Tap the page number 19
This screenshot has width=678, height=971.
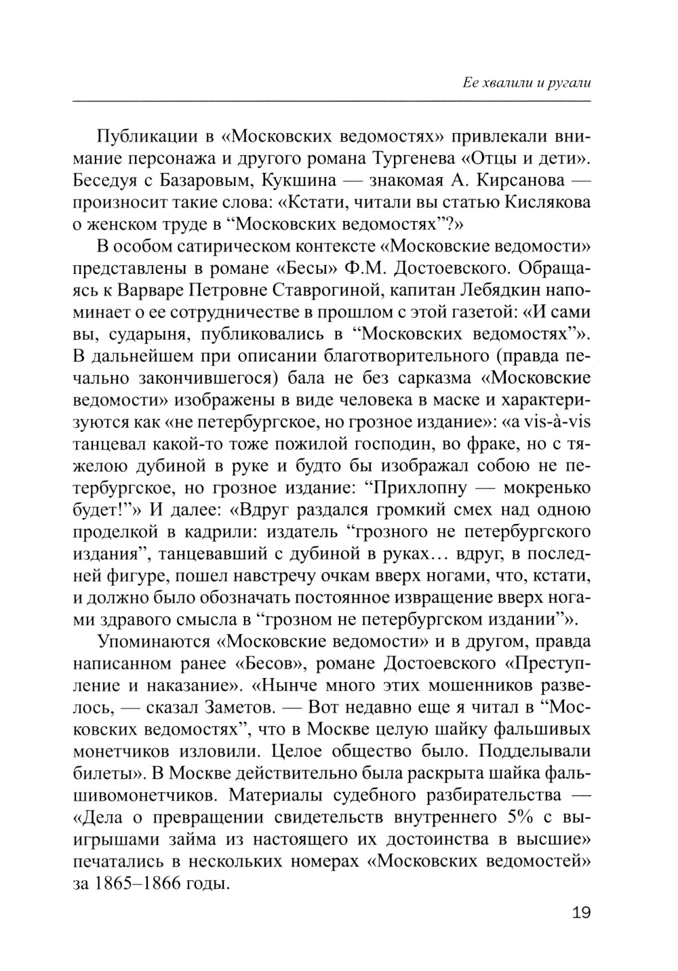coord(581,912)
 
